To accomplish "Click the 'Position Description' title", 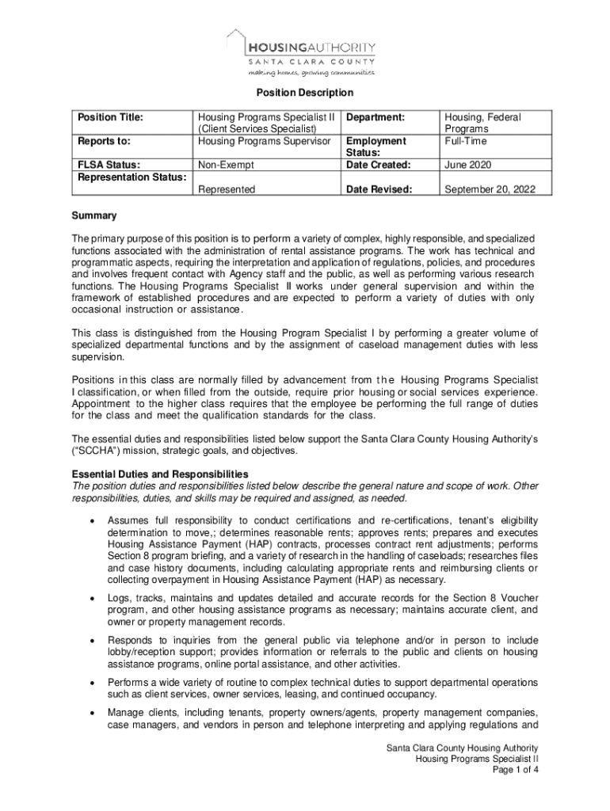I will pos(305,93).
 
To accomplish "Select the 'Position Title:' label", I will pos(110,117).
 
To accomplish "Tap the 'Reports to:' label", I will pos(103,141).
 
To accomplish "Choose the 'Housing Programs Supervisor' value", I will pos(264,141).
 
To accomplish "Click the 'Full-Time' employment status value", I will pos(466,141).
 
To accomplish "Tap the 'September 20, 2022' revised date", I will pos(490,189).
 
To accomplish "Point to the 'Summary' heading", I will pos(94,215).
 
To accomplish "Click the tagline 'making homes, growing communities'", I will pos(311,72).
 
